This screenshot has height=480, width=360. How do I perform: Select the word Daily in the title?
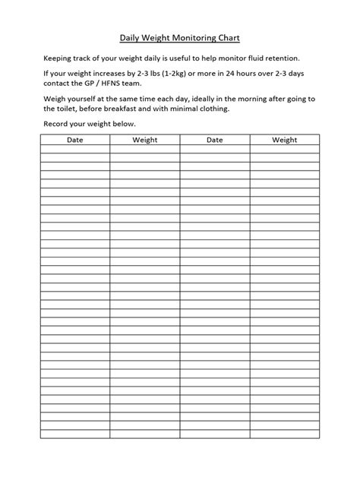[131, 36]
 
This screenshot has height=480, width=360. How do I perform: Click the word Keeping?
[58, 58]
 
